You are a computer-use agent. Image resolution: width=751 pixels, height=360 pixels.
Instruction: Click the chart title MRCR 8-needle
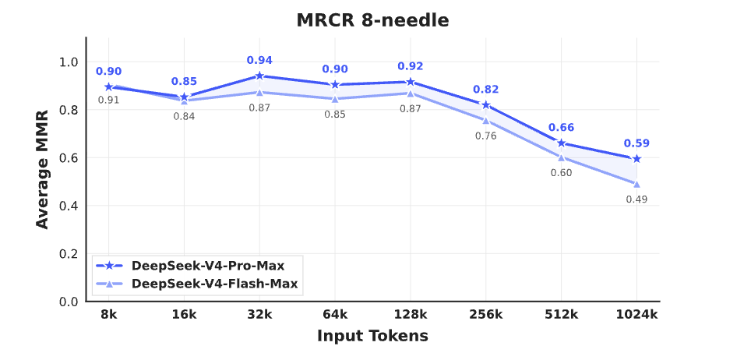tap(372, 21)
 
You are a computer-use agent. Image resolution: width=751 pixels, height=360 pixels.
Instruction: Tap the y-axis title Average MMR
tap(43, 169)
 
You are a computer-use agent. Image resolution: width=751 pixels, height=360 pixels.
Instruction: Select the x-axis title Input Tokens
tap(372, 337)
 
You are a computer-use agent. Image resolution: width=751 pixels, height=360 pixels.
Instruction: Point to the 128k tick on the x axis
tap(411, 314)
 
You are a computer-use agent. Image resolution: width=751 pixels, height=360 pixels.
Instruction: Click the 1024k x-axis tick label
tap(636, 314)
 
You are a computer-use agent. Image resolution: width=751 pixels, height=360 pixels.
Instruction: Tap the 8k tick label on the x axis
tap(108, 314)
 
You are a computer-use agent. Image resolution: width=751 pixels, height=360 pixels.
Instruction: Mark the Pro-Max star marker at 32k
tap(259, 76)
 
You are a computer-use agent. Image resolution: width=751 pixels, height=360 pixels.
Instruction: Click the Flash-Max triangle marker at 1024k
tap(636, 184)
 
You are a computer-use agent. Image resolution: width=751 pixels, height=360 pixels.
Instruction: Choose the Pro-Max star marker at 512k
tap(561, 143)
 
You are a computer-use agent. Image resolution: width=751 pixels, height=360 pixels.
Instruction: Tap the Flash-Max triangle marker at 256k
tap(485, 120)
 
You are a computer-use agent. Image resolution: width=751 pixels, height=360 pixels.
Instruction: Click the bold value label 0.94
tap(259, 60)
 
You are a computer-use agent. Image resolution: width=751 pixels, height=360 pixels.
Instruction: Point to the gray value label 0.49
tap(636, 199)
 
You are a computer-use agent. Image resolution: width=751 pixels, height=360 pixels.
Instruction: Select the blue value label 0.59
tap(636, 143)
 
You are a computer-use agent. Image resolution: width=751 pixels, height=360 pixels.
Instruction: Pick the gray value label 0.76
tap(485, 136)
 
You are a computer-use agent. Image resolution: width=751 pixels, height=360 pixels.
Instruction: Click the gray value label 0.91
tap(108, 100)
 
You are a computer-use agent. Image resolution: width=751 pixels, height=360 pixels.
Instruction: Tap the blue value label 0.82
tap(485, 90)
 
